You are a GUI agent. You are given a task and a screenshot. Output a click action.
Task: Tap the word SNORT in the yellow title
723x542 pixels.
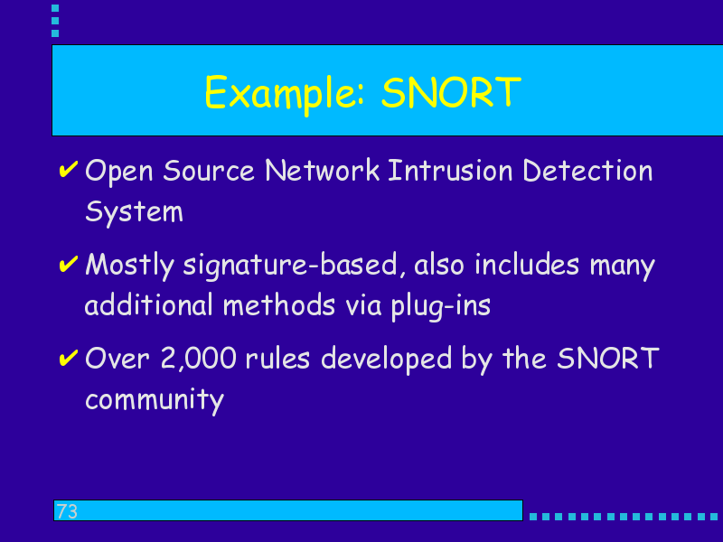coord(451,93)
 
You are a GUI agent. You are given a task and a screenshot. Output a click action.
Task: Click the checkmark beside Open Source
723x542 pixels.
coord(69,170)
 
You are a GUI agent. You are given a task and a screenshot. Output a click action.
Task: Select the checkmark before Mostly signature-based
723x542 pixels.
coord(69,264)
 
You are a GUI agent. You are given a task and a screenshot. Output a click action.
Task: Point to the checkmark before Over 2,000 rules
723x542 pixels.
coord(69,358)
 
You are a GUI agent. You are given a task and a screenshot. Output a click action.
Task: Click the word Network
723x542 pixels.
coord(323,171)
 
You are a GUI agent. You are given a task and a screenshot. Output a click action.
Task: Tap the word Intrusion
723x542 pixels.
coord(450,171)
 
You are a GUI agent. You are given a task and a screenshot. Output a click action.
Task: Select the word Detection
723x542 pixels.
coord(588,171)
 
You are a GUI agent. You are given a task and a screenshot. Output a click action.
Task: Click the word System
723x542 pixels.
coord(134,212)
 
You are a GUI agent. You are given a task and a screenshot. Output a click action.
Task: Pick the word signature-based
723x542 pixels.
coord(290,266)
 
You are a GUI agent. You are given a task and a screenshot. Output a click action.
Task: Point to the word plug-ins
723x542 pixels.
coord(441,305)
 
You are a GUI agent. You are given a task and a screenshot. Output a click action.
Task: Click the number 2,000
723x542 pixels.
coord(199,359)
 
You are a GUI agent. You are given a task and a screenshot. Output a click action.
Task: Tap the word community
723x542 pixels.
coord(155,399)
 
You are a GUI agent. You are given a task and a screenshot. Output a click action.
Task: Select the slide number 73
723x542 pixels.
coord(67,511)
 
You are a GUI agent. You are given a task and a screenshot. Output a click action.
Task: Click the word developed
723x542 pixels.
coord(387,360)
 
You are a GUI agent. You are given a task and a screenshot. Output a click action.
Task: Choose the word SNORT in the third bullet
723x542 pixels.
coord(608,358)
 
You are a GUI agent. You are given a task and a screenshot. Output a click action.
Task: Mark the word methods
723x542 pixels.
coord(279,305)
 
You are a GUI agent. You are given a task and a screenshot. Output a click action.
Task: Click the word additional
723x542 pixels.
coord(149,305)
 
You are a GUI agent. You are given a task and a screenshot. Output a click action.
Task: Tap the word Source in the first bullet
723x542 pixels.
coord(209,171)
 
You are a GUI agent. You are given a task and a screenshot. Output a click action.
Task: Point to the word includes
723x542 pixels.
coord(527,265)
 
